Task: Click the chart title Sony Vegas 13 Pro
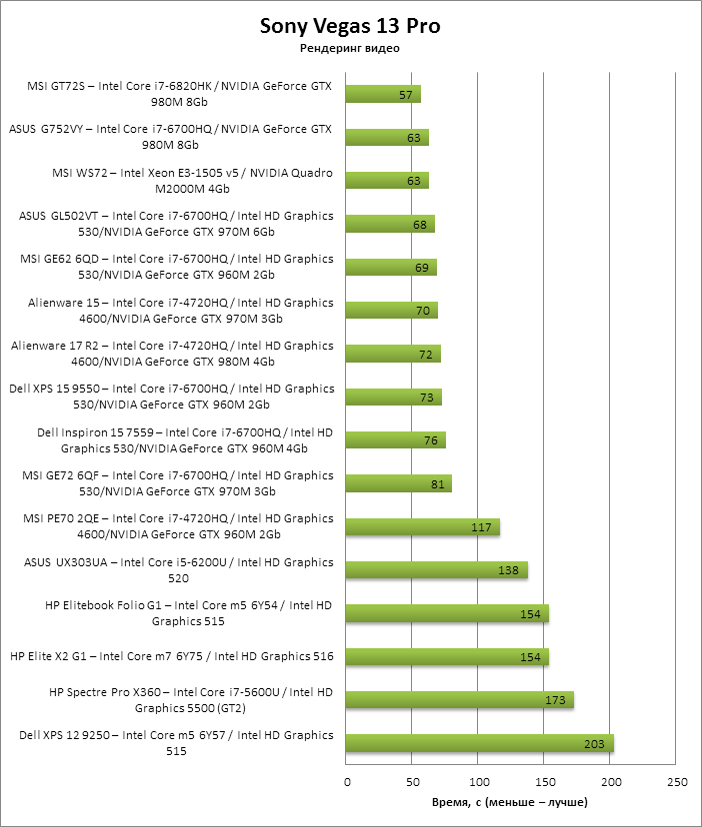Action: coord(350,26)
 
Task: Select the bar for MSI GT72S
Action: coord(383,94)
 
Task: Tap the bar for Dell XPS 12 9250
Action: coord(479,743)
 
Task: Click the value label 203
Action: coord(595,743)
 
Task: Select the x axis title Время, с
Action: coord(509,803)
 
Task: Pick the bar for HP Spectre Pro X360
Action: coord(459,700)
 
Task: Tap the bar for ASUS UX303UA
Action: coord(436,570)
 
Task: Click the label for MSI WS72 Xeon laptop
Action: coord(191,180)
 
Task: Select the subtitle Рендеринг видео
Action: coord(350,48)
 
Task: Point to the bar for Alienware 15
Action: coord(391,311)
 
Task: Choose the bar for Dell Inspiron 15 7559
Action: coord(395,440)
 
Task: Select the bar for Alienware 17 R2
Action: coord(393,354)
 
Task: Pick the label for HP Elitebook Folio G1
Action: coord(189,613)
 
